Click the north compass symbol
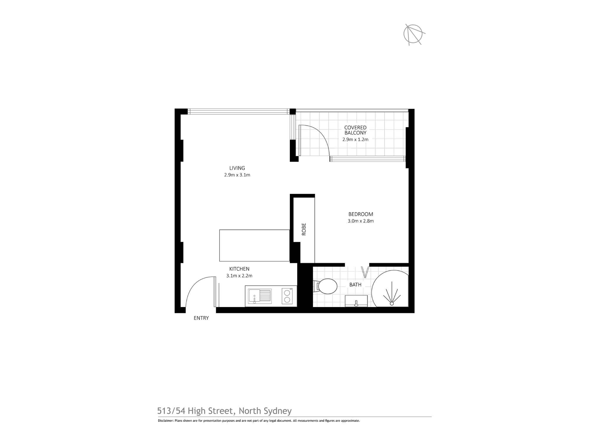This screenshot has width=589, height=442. coord(413,34)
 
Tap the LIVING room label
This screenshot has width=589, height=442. coord(237,168)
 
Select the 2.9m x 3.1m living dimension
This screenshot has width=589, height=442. coord(237,175)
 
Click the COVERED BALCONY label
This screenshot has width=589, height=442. coord(355,130)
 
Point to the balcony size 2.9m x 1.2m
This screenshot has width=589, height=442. coord(355,140)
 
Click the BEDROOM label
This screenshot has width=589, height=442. coord(361,214)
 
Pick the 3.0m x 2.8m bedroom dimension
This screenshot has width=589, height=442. coord(361,221)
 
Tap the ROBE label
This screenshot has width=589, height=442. coord(304,229)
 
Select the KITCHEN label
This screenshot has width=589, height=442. coord(239,269)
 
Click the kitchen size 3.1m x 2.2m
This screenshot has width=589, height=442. coord(239,276)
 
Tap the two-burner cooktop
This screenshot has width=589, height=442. coord(287,296)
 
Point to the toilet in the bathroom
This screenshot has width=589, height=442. coord(327,286)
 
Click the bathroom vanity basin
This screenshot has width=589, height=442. coord(356,301)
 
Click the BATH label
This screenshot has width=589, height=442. coord(355,285)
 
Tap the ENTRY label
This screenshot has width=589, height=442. coord(201,318)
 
